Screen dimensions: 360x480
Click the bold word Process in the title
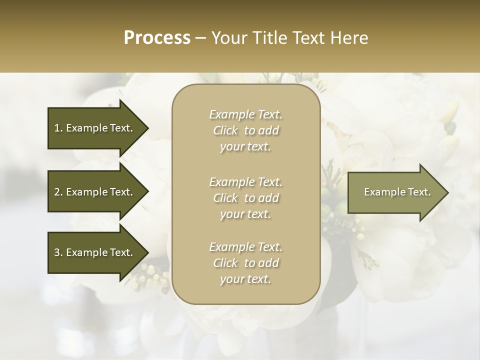point(157,38)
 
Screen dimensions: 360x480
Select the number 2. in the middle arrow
point(58,192)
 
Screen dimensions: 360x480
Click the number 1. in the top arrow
point(58,128)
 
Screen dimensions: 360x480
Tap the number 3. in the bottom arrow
point(58,252)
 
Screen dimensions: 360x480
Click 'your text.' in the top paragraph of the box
point(245,147)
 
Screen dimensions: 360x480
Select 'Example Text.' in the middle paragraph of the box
point(245,181)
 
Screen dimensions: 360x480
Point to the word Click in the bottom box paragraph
point(225,263)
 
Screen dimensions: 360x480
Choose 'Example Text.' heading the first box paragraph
point(245,114)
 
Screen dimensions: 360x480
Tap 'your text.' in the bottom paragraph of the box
point(245,279)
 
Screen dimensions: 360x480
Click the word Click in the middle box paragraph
point(225,198)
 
